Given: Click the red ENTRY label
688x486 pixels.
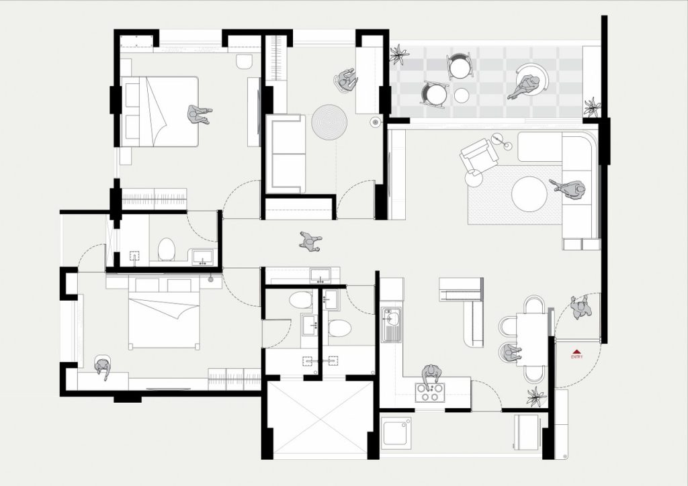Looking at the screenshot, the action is (x=577, y=356).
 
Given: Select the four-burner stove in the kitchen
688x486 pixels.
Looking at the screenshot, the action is (x=430, y=392).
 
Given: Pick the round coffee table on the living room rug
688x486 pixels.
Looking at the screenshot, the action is (x=529, y=194).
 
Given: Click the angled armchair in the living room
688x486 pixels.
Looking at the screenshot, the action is (x=478, y=155).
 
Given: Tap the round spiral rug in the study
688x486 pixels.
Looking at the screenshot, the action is (x=329, y=121).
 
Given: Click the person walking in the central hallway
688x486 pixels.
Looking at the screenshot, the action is (x=310, y=242).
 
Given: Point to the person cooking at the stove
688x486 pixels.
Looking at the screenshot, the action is (x=432, y=375).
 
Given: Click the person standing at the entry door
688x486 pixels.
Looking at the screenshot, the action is (x=581, y=307).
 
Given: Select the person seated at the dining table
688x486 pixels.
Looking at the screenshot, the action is (x=511, y=352).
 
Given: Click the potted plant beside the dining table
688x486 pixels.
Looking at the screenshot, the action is (x=536, y=397).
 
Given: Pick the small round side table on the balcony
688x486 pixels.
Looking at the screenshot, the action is (x=461, y=95).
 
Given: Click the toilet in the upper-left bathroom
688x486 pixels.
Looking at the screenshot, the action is (x=167, y=249).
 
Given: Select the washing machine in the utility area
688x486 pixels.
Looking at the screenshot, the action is (x=396, y=433).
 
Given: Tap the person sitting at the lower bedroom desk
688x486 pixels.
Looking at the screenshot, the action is (x=103, y=367).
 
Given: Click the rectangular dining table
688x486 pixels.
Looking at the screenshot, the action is (x=532, y=339).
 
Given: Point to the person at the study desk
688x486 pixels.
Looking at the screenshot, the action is (x=347, y=80).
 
